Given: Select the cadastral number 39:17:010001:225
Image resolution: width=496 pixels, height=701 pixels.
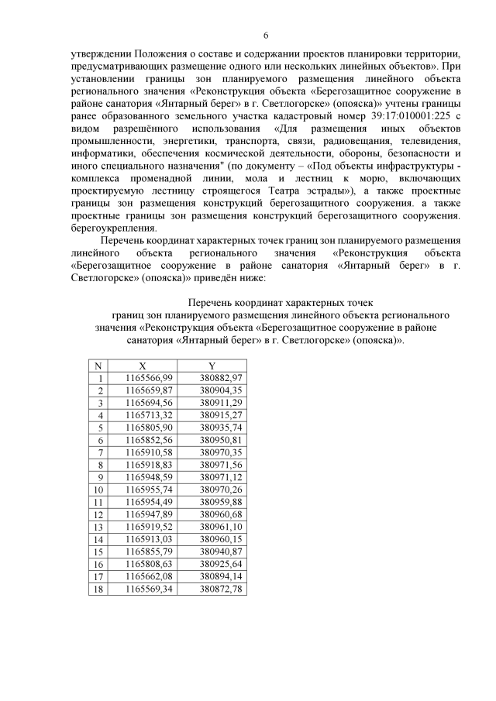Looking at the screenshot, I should pyautogui.click(x=387, y=115).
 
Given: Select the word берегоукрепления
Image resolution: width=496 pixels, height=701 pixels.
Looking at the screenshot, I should pyautogui.click(x=113, y=226).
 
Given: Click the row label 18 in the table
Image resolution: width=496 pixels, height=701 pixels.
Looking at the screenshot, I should pyautogui.click(x=98, y=589).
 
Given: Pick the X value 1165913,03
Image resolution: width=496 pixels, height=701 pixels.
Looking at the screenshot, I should pyautogui.click(x=149, y=539).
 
